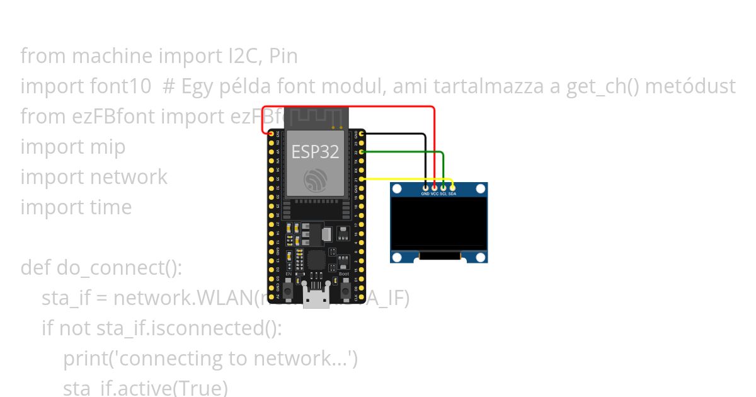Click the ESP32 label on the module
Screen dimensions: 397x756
click(314, 152)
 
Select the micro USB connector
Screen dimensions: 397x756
click(316, 296)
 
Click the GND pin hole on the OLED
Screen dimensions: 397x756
click(427, 187)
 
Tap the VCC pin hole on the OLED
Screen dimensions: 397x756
click(435, 187)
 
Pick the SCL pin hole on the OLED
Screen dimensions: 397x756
click(444, 187)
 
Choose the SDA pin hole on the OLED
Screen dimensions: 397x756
click(452, 187)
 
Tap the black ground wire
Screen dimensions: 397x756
click(397, 134)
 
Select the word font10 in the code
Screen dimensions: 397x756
click(128, 86)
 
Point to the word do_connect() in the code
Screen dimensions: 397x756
click(119, 268)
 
